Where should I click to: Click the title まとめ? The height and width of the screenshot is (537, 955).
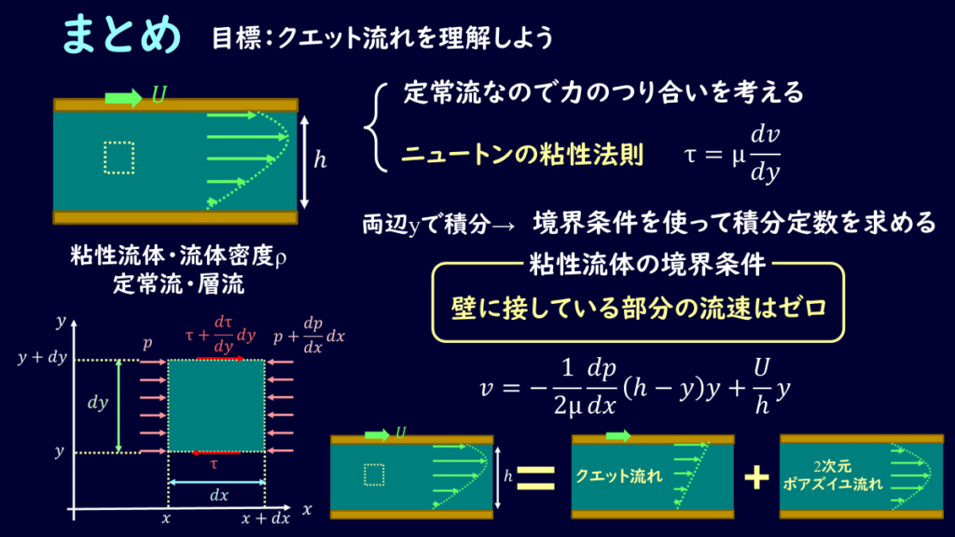(122, 34)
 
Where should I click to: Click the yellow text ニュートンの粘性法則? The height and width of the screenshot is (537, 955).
(522, 155)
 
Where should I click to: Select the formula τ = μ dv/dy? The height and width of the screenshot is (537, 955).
(732, 155)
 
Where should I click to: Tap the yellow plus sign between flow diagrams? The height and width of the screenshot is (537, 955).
(756, 477)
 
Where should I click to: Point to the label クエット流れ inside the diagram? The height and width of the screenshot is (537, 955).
(619, 476)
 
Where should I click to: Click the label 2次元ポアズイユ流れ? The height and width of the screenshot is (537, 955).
(833, 475)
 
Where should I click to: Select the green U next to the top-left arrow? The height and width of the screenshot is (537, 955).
(159, 95)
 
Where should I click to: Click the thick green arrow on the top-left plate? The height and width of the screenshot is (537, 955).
(124, 98)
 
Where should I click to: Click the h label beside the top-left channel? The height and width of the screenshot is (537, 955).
(321, 160)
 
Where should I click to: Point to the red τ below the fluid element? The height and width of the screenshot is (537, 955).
(214, 464)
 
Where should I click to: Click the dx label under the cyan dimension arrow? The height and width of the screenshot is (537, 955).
(218, 495)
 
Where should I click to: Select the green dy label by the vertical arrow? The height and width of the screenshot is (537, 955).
(98, 403)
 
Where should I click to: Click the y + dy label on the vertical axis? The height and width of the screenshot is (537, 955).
(42, 357)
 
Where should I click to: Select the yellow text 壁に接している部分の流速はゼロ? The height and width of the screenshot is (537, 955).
(639, 308)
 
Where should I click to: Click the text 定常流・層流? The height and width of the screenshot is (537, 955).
(178, 284)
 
